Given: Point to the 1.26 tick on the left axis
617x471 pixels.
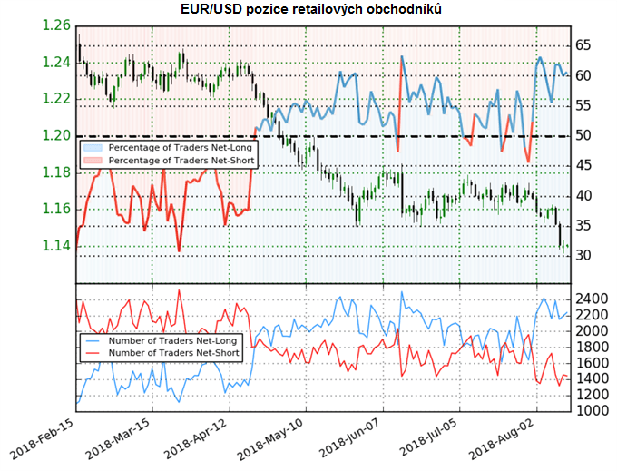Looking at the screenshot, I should pos(56,25).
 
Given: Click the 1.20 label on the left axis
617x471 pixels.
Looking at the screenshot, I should pos(56,136).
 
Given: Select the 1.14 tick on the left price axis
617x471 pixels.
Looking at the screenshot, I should pos(56,246).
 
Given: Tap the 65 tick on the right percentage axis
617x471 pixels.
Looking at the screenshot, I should pos(583,44).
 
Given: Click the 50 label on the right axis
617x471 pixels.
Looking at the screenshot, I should pos(583,136).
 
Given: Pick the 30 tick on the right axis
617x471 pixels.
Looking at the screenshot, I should pos(583,256).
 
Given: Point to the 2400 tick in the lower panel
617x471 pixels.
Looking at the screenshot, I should pos(592,299).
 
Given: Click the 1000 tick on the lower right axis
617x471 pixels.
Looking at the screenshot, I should pos(592,411).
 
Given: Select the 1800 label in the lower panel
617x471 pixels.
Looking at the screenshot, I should pos(592,347).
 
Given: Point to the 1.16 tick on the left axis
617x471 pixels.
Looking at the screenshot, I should pos(56,209).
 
